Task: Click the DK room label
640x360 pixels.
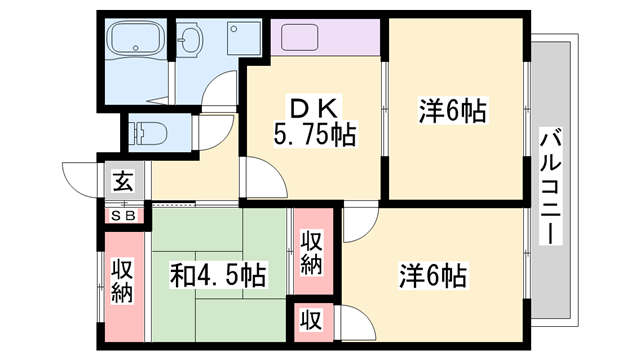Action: [x=313, y=108]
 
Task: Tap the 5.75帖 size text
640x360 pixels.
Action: [x=314, y=134]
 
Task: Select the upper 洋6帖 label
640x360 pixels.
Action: [x=453, y=111]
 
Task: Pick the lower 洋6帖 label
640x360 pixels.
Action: [x=433, y=276]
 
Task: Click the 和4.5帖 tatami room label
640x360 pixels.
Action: [x=218, y=275]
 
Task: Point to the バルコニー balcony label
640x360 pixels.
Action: [x=551, y=186]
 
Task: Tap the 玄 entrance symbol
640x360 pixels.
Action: [x=123, y=181]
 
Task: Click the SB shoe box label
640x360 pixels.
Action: [x=123, y=216]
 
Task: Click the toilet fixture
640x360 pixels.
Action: [x=148, y=133]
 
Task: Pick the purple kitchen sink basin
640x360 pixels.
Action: [x=299, y=37]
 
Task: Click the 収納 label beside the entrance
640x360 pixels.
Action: [x=122, y=281]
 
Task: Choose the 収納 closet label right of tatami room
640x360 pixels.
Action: [x=312, y=252]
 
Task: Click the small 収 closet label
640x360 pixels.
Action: [x=311, y=319]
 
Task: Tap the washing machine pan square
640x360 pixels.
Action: [x=244, y=38]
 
